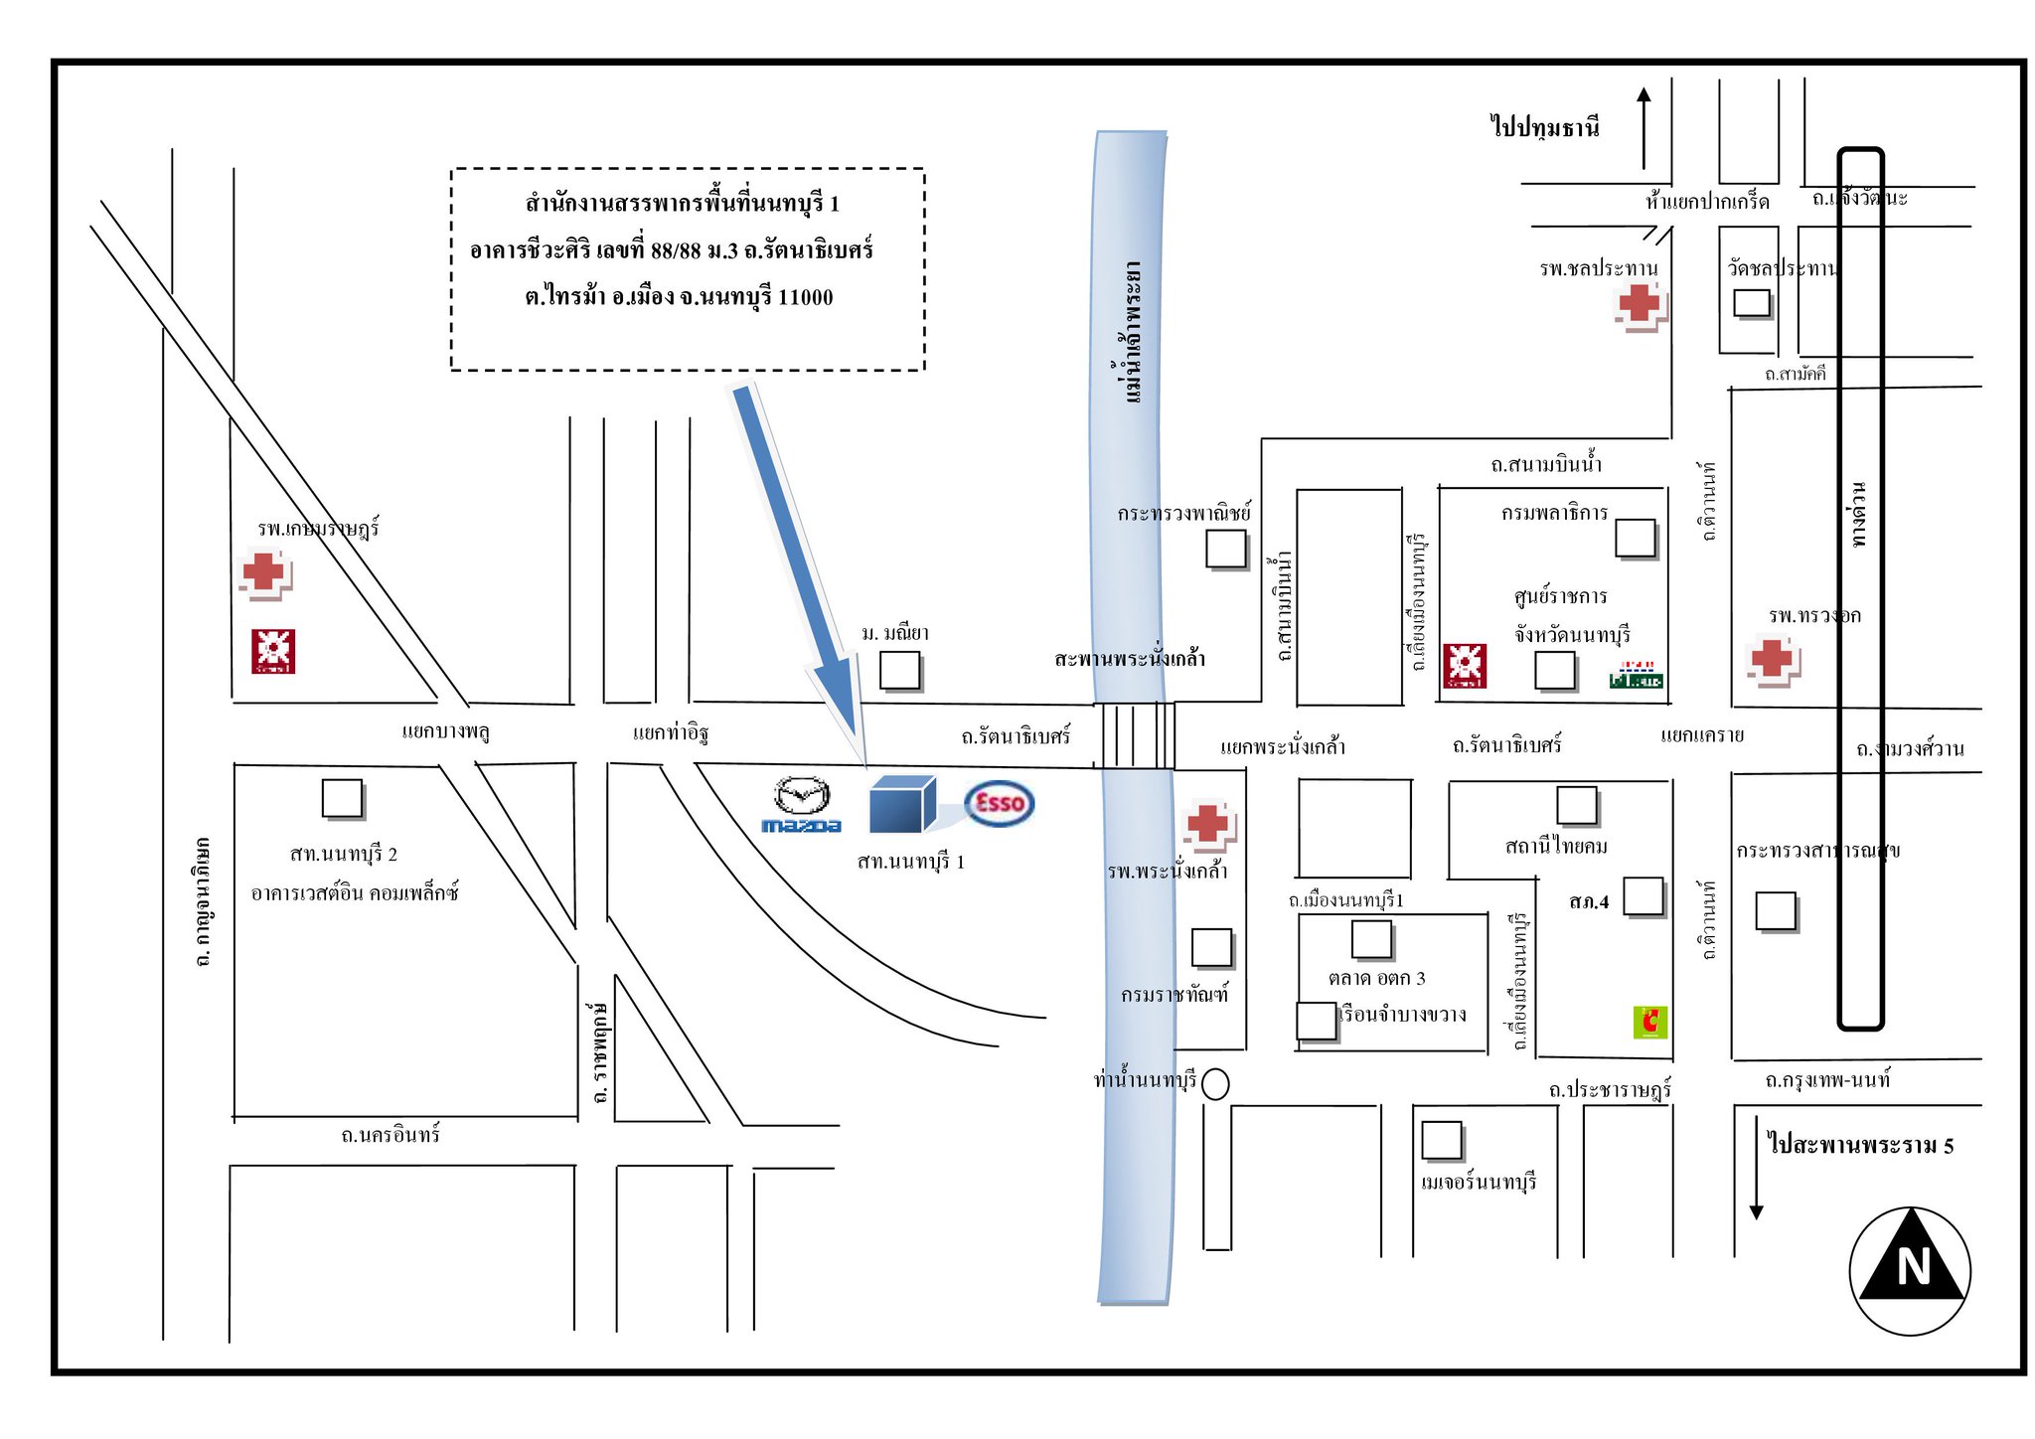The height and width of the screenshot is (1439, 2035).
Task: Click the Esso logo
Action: pos(999,803)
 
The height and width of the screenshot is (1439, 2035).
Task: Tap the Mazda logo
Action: pos(801,804)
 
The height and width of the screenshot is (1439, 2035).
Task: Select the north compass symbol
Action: pos(1910,1270)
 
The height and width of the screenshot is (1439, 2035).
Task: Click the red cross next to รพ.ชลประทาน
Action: pos(1640,304)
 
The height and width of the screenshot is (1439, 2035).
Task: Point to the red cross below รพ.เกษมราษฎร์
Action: pos(264,573)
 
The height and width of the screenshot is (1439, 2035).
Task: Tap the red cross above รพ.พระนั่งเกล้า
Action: pos(1208,824)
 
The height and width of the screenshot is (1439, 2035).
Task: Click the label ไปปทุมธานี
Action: pos(1545,127)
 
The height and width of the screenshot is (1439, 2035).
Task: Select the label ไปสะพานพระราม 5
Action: pos(1860,1145)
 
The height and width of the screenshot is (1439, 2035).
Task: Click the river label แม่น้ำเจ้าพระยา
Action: pos(1132,333)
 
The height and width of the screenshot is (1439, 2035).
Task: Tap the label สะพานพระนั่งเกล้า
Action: pos(1130,658)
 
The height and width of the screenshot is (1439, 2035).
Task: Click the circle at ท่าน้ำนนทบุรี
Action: pos(1215,1084)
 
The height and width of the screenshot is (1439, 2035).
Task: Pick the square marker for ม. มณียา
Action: pos(900,671)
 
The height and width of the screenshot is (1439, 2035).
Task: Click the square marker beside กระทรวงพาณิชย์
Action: pos(1226,548)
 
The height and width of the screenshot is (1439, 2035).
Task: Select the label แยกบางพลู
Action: pos(445,732)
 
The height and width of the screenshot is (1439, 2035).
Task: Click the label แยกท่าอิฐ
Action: pos(670,733)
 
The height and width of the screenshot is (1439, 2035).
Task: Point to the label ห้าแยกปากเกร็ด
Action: pos(1707,202)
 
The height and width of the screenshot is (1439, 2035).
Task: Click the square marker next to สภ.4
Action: pos(1644,896)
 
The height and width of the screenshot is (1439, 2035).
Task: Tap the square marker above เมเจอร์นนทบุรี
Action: pos(1441,1140)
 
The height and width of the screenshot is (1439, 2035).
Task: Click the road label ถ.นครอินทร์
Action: pos(391,1135)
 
